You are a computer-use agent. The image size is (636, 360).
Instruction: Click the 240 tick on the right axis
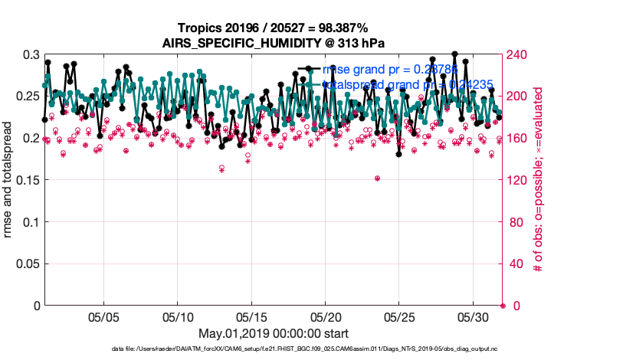click(x=518, y=55)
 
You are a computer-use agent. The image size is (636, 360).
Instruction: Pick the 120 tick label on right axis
click(x=518, y=181)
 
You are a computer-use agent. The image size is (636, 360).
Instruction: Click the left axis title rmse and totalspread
click(x=8, y=180)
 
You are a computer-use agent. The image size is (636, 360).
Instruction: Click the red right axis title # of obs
click(x=539, y=180)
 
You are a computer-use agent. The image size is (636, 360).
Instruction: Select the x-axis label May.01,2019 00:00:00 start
click(x=274, y=334)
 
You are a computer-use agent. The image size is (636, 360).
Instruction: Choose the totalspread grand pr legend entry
click(x=407, y=84)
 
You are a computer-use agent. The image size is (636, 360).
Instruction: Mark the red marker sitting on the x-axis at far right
click(x=503, y=306)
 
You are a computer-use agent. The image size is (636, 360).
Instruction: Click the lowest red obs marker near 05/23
click(x=378, y=178)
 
